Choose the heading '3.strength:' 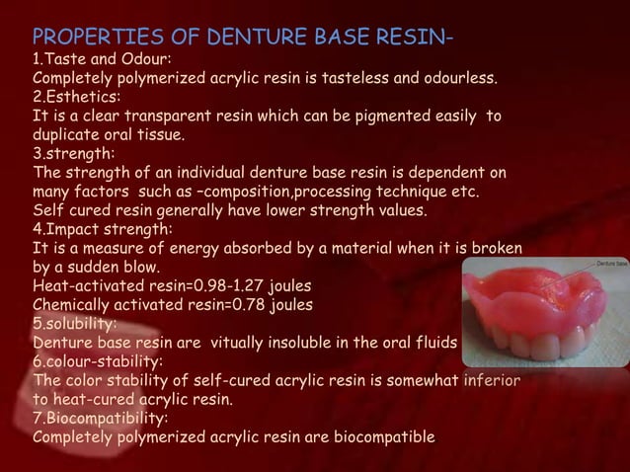tap(72, 154)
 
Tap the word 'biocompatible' tap(378, 436)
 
